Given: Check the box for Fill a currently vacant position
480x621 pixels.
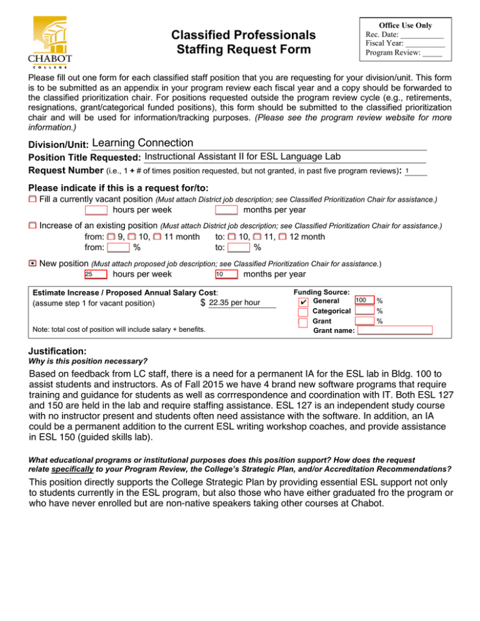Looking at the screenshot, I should tap(32, 199).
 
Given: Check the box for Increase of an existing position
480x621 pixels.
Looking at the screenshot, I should tap(32, 224).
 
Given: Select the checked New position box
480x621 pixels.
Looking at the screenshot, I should tap(32, 264).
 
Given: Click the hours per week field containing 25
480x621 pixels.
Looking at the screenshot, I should tap(96, 274).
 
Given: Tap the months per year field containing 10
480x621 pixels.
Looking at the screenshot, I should tap(226, 274).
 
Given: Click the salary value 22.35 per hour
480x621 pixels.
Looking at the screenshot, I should tap(235, 303).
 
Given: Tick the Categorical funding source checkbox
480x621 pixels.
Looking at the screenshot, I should tap(303, 312).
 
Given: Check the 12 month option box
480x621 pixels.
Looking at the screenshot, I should tap(283, 237).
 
